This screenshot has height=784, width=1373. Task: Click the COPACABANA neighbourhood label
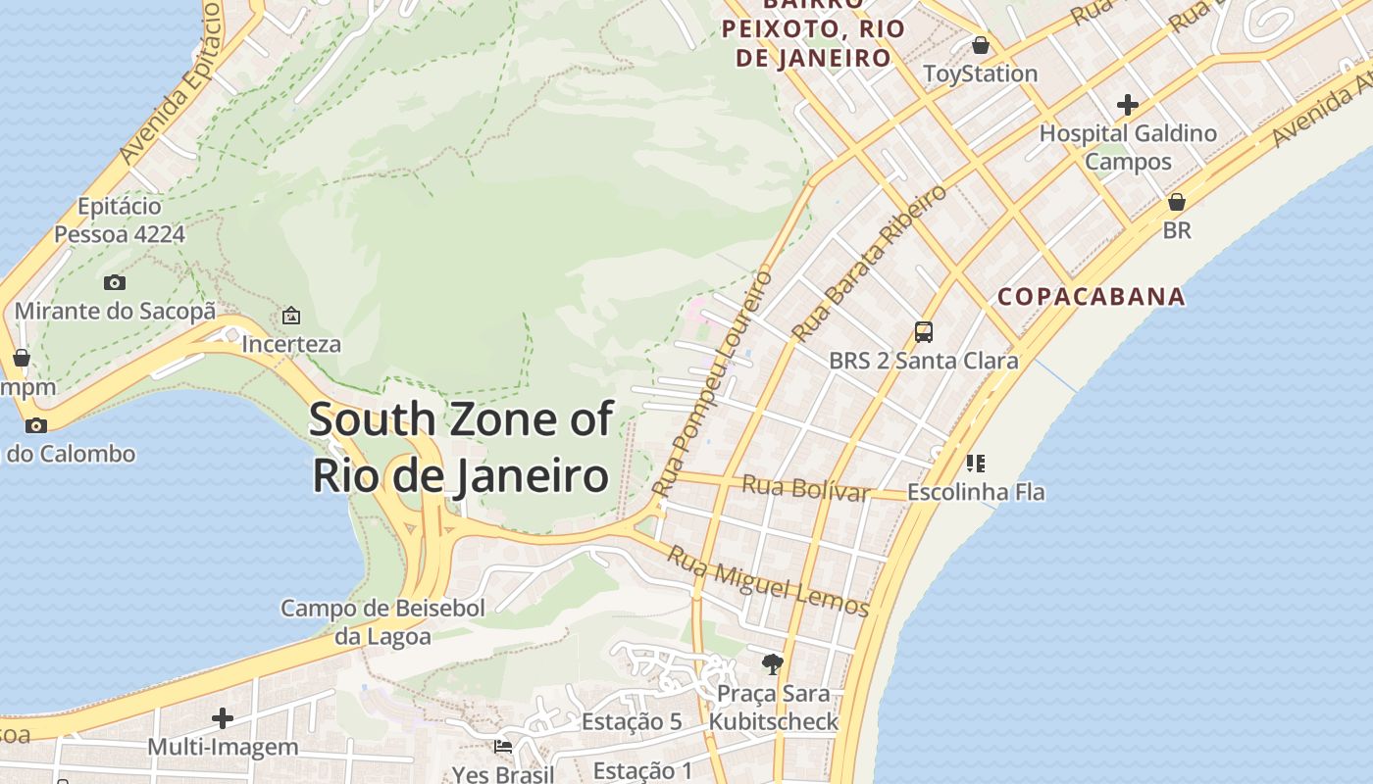pos(1091,296)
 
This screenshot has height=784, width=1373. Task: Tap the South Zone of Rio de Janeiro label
pos(461,448)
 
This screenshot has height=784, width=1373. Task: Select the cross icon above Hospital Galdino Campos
pos(1128,104)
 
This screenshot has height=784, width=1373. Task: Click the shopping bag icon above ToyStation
pos(980,45)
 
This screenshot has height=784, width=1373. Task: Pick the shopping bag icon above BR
pos(1176,202)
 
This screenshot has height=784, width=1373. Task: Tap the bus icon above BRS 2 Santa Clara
pos(923,331)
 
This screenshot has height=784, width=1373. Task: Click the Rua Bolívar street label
pos(805,487)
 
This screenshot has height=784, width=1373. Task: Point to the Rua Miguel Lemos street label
pos(768,582)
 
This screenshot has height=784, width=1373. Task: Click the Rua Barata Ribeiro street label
pos(870,262)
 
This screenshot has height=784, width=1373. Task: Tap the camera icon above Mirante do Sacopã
pos(115,282)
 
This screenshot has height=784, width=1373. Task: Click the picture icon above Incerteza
pos(290,316)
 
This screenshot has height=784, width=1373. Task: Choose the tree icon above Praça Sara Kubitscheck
pos(773,663)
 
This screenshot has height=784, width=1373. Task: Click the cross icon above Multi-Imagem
pos(223,718)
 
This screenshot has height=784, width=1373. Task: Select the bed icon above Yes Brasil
pos(503,747)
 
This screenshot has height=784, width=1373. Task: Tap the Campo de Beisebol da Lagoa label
pos(382,622)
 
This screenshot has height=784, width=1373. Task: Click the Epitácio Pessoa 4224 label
pos(120,220)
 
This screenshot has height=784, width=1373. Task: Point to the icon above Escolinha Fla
pos(975,463)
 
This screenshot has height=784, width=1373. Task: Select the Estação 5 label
pos(631,722)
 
